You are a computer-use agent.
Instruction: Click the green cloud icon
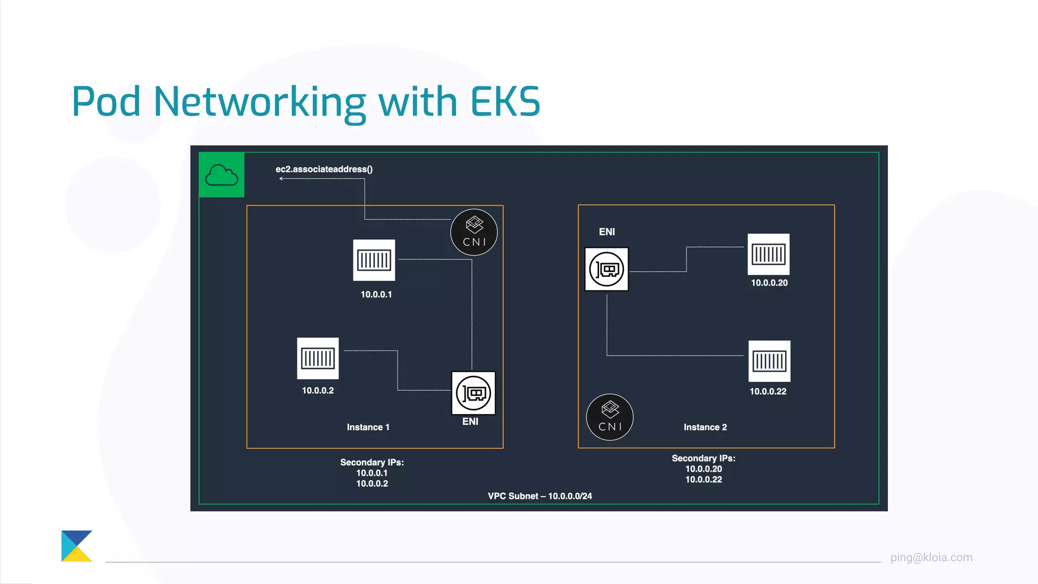pyautogui.click(x=221, y=175)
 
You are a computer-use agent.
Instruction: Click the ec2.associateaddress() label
pyautogui.click(x=324, y=169)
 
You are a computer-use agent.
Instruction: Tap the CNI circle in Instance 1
pyautogui.click(x=474, y=232)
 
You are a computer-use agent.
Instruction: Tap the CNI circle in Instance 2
pyautogui.click(x=610, y=417)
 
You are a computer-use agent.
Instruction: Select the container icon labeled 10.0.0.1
pyautogui.click(x=374, y=260)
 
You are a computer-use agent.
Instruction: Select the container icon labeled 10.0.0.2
pyautogui.click(x=318, y=358)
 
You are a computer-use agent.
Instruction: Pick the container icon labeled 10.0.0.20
pyautogui.click(x=768, y=254)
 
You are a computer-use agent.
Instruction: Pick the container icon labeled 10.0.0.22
pyautogui.click(x=769, y=361)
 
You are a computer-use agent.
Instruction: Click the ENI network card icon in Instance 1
pyautogui.click(x=473, y=393)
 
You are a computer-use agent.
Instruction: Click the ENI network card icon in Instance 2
pyautogui.click(x=607, y=269)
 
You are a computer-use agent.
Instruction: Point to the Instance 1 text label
pyautogui.click(x=368, y=427)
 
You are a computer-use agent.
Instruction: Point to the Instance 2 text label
pyautogui.click(x=705, y=427)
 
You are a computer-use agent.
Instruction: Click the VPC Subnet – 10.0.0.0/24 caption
pyautogui.click(x=540, y=496)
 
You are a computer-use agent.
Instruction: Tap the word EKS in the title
pyautogui.click(x=505, y=101)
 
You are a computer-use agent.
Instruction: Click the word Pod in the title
pyautogui.click(x=106, y=101)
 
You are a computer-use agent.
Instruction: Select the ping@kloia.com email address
pyautogui.click(x=931, y=558)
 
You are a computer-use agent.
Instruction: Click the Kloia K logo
pyautogui.click(x=77, y=546)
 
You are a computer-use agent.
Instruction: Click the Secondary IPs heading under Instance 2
pyautogui.click(x=703, y=458)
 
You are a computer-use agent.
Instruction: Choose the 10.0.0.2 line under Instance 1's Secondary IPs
pyautogui.click(x=372, y=484)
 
